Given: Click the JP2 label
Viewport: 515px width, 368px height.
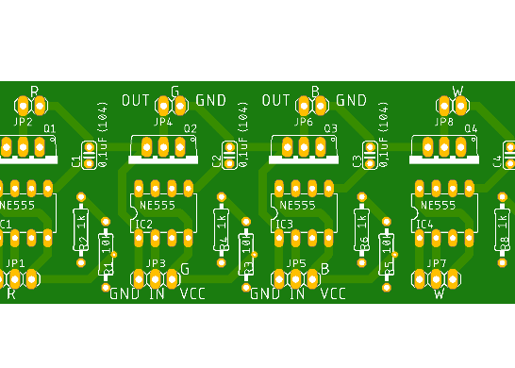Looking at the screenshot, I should [23, 122].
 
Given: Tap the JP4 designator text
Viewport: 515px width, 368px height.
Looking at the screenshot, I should [162, 122].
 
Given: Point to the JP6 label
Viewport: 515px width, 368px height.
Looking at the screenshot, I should [303, 122].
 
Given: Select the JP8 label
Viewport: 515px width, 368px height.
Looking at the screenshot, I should [443, 122].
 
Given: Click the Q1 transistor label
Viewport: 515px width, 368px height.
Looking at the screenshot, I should [49, 128].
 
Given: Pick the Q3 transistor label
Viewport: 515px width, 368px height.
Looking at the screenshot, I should [330, 128].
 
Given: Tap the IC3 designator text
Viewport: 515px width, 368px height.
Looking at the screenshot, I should [284, 224].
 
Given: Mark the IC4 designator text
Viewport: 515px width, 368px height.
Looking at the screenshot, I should [424, 224].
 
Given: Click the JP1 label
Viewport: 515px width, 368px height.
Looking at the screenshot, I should [15, 263].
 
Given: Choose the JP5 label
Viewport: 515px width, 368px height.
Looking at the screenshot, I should [296, 263].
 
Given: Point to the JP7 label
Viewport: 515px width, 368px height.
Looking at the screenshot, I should [436, 263].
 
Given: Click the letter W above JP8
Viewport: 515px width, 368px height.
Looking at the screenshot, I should [458, 92].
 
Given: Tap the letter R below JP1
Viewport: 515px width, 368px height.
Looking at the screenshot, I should [11, 294].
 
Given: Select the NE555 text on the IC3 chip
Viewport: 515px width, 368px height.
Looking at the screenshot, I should [297, 205].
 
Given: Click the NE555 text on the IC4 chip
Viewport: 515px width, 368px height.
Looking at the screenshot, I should [438, 205].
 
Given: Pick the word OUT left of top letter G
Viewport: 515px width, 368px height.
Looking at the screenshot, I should [136, 100].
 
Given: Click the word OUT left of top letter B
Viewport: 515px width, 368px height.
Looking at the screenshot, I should [275, 100].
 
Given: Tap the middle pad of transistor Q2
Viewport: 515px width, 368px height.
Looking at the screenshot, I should [164, 146].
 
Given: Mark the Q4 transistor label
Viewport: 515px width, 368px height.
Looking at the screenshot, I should [471, 128].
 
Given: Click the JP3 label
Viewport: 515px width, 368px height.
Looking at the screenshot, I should [156, 263].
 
